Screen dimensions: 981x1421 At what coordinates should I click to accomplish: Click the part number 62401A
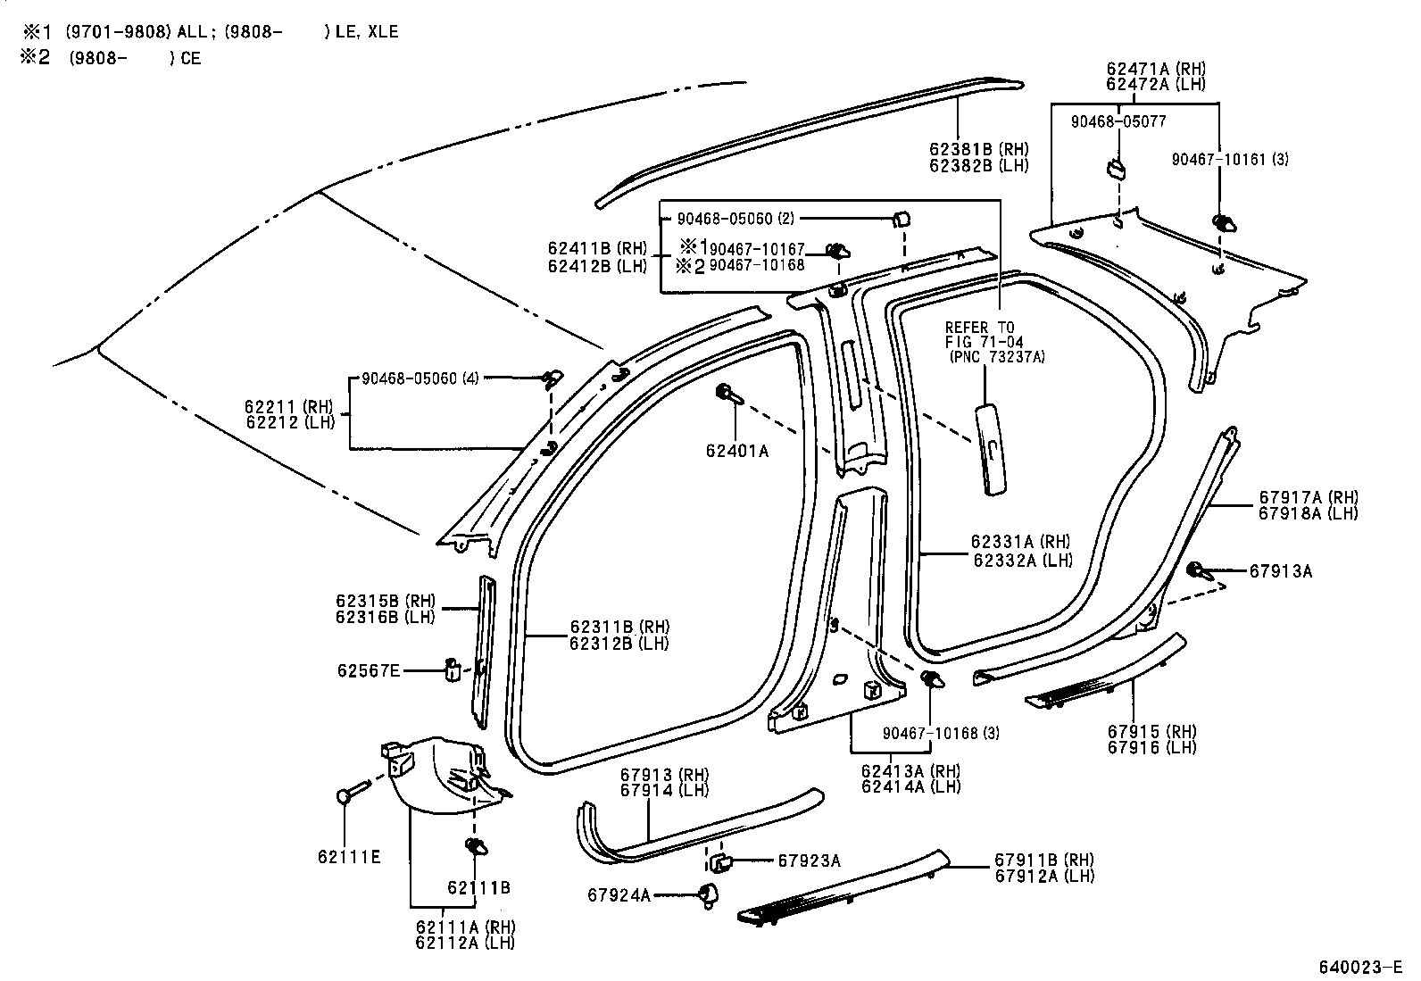(736, 452)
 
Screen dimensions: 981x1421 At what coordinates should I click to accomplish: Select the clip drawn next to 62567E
(453, 669)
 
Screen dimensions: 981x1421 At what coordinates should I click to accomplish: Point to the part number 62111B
(478, 887)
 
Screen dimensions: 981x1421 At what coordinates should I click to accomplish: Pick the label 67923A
(809, 860)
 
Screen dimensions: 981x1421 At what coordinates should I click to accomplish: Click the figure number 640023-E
(1360, 967)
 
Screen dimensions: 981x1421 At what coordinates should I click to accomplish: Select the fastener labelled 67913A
(1197, 569)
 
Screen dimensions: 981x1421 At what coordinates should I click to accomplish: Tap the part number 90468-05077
(1118, 121)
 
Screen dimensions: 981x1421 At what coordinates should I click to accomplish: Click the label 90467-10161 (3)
(1230, 160)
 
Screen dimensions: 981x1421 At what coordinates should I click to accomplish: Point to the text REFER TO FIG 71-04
(985, 335)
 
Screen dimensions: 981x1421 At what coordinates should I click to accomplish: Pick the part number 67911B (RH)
(1043, 860)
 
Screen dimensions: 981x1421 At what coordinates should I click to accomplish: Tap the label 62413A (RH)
(910, 771)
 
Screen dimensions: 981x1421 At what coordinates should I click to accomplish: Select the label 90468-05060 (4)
(420, 378)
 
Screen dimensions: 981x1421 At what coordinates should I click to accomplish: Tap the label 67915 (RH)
(1151, 732)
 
